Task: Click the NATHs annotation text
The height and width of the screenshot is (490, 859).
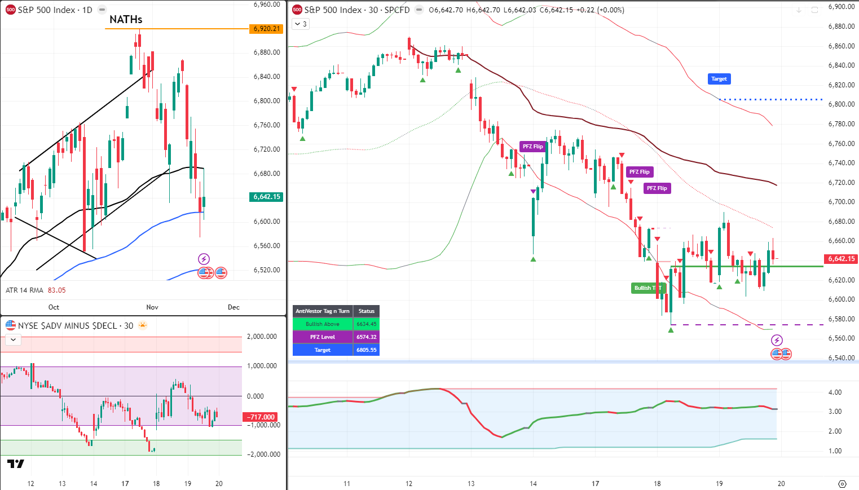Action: pyautogui.click(x=126, y=20)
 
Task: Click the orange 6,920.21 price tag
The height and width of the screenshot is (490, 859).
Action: pyautogui.click(x=267, y=29)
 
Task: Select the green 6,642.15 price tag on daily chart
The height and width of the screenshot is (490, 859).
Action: pyautogui.click(x=267, y=197)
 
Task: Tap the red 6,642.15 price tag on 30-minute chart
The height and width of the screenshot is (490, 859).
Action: pyautogui.click(x=842, y=259)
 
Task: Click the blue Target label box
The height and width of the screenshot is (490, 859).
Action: pyautogui.click(x=719, y=79)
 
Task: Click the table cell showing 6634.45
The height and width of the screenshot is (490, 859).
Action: pyautogui.click(x=366, y=324)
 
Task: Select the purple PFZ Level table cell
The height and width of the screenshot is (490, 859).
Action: pyautogui.click(x=323, y=337)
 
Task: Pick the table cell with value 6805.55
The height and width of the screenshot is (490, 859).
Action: pyautogui.click(x=366, y=350)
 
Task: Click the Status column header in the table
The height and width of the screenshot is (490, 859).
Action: pyautogui.click(x=366, y=311)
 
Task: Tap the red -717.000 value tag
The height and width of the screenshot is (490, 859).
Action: pyautogui.click(x=261, y=417)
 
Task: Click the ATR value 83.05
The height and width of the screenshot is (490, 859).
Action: pyautogui.click(x=56, y=290)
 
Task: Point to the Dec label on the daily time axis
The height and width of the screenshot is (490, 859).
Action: pyautogui.click(x=234, y=307)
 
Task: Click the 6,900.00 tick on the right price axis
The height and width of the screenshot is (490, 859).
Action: pyautogui.click(x=841, y=7)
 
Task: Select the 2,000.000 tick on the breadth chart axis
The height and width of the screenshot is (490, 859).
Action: pyautogui.click(x=262, y=337)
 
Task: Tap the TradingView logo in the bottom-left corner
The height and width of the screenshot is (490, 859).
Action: pyautogui.click(x=16, y=464)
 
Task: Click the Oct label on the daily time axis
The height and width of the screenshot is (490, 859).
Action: pyautogui.click(x=54, y=307)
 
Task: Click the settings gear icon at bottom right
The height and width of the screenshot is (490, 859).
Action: pyautogui.click(x=842, y=484)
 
